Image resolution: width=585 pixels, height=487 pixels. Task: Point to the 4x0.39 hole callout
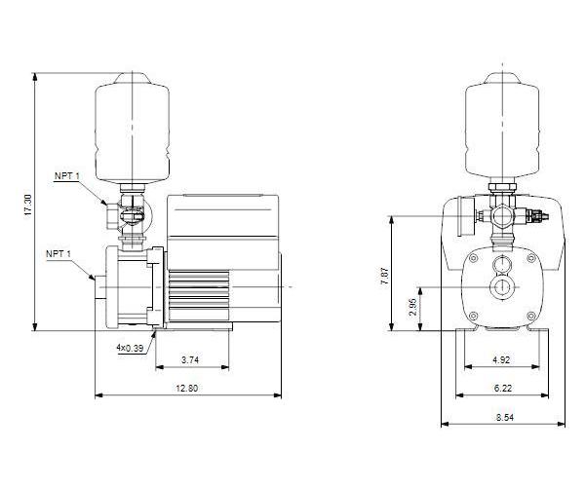[130, 348]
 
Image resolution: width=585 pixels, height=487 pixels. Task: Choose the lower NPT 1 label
[58, 253]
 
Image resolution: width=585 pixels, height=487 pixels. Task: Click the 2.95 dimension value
[411, 309]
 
